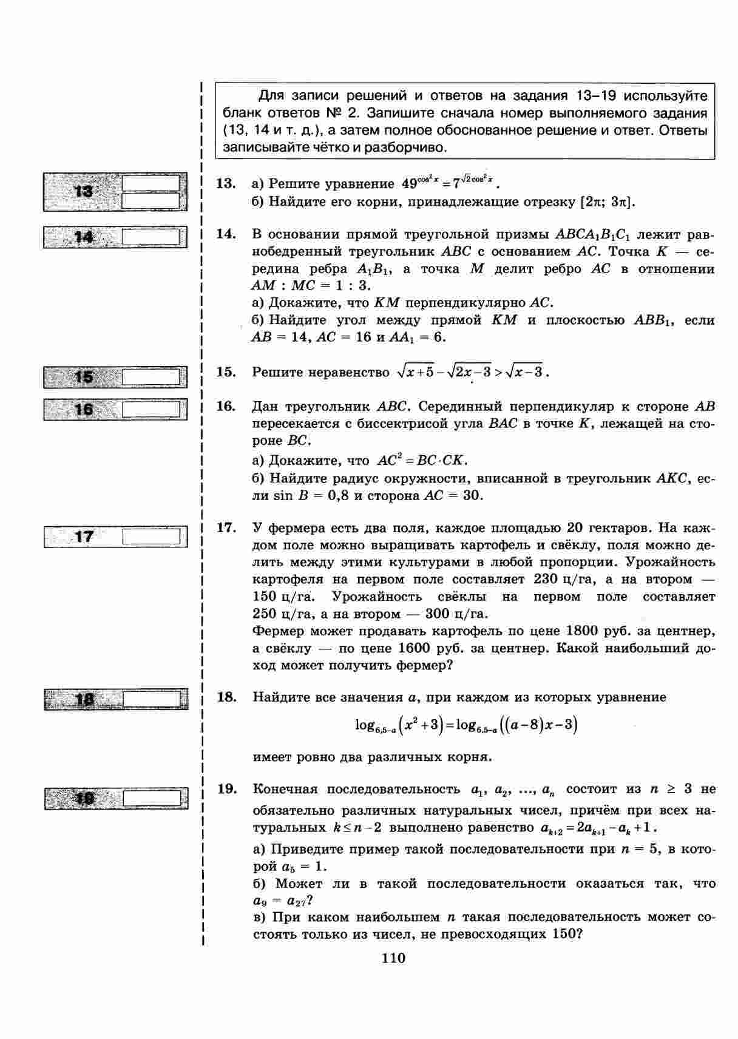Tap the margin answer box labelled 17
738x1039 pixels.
click(x=115, y=536)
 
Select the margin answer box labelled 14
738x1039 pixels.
click(x=115, y=237)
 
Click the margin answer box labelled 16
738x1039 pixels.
click(x=115, y=410)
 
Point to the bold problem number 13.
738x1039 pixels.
click(x=226, y=183)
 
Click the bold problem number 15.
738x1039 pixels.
click(x=226, y=371)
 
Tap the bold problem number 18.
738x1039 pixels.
click(x=226, y=697)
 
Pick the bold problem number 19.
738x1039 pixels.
click(x=226, y=789)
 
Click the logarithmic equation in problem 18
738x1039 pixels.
click(x=465, y=725)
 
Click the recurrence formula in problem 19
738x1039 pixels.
click(x=598, y=828)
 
